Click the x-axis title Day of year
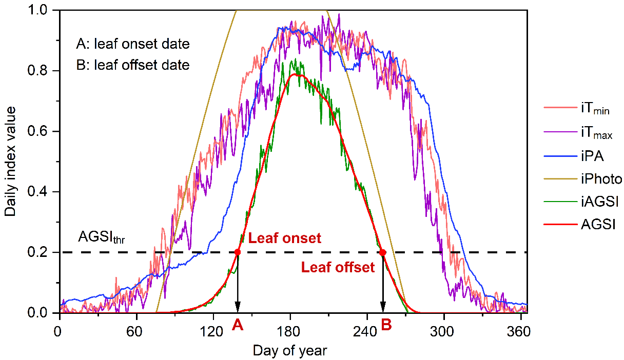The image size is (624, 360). [289, 350]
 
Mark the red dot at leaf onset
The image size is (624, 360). [238, 252]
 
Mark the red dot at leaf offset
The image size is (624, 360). [382, 252]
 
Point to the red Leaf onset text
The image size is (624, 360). [285, 238]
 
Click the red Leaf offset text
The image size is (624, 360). [338, 267]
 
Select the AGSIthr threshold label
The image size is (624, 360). [101, 237]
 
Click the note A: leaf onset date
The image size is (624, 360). [132, 45]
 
